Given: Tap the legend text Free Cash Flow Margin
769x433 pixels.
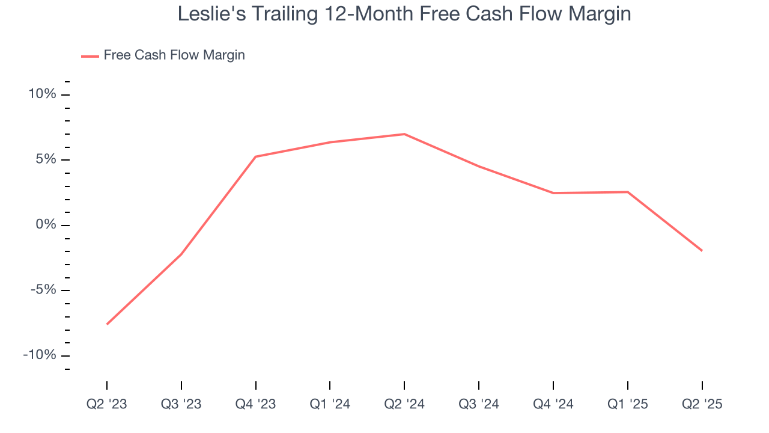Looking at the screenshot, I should [x=174, y=55].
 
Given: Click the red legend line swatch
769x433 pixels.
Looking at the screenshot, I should [x=90, y=56].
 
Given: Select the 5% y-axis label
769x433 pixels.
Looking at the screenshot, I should [x=46, y=160].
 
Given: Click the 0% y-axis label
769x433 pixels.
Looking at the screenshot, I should [x=46, y=225].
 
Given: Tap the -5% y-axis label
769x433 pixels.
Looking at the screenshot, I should [x=43, y=290].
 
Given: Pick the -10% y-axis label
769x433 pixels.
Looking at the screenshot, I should [x=40, y=355].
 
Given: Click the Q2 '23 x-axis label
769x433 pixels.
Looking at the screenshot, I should [x=107, y=404].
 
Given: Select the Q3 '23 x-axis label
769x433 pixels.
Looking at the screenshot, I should [x=181, y=404].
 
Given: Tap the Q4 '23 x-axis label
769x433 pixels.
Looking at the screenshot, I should [x=256, y=404].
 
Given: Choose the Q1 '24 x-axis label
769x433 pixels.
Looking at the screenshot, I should [x=330, y=404].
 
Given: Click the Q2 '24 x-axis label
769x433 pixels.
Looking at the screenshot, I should [x=404, y=404].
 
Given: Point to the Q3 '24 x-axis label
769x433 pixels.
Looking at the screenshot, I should [x=479, y=404].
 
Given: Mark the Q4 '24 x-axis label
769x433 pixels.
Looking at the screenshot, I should [x=553, y=404].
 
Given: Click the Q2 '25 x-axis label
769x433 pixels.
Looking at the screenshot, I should [x=702, y=404].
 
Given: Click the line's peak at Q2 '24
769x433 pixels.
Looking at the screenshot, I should [x=404, y=134].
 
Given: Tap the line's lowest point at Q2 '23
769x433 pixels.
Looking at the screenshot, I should [x=107, y=324].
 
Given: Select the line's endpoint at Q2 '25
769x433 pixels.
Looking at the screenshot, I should [x=702, y=251].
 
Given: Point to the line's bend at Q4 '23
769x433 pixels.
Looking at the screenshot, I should [x=256, y=157].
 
